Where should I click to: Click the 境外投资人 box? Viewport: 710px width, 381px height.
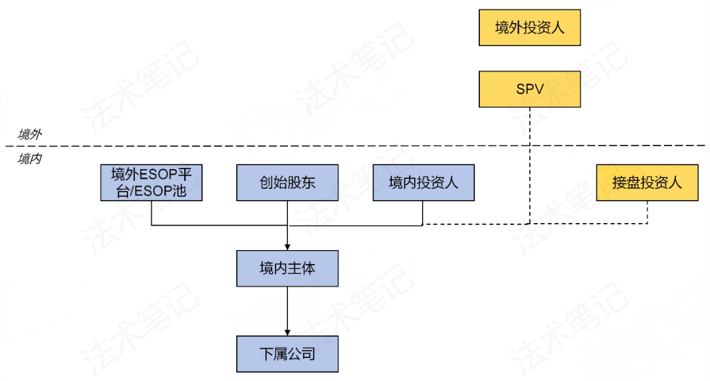point(530,28)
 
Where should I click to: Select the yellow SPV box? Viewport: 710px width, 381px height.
point(530,89)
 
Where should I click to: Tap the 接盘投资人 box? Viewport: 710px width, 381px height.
point(647,182)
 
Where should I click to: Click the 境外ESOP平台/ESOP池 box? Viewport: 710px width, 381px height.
point(151,182)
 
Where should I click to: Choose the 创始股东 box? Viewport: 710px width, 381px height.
point(287,182)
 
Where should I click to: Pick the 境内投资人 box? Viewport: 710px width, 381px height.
point(423,182)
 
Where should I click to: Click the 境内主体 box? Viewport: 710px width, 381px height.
point(287,268)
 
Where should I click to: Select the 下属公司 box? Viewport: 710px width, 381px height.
point(287,354)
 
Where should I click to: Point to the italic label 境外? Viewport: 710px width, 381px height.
point(30,135)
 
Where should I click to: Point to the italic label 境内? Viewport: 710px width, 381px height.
point(30,159)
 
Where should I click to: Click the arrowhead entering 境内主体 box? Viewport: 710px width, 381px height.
point(287,247)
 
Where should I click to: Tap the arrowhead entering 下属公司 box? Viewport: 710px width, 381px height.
point(287,332)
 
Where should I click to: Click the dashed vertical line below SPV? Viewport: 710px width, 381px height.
point(530,165)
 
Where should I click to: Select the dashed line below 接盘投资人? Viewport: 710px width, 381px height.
point(648,212)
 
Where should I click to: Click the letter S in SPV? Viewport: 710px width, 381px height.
point(520,89)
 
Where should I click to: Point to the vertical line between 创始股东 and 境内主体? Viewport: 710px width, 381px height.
point(287,220)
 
